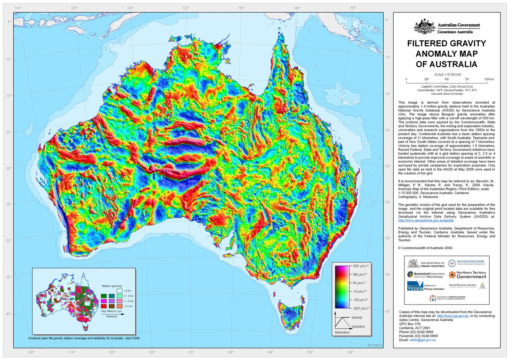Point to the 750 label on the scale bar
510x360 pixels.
pos(467,79)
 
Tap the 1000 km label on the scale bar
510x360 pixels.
pos(489,79)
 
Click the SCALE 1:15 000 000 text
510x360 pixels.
pos(447,74)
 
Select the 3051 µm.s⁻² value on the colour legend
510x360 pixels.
pos(360,266)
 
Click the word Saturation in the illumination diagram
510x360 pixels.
pos(357,327)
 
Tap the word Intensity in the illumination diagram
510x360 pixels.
pos(357,317)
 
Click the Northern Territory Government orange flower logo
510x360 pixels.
pos(451,274)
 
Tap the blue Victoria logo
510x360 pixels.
pos(415,286)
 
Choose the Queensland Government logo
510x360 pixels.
pos(426,274)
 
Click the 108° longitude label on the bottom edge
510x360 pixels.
pos(31,352)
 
